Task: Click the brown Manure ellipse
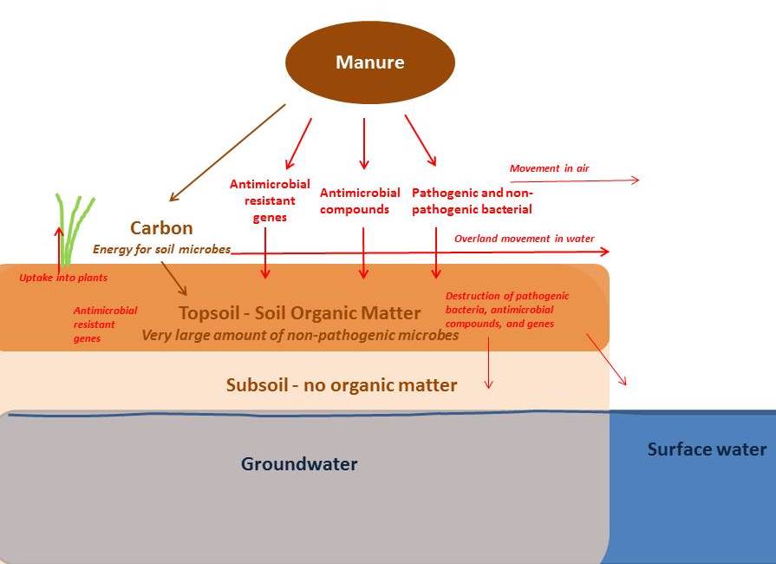[369, 62]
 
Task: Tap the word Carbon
[161, 228]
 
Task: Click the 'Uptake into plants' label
[63, 278]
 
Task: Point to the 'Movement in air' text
[549, 168]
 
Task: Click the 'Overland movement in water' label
[523, 238]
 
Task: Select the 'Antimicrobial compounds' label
[360, 200]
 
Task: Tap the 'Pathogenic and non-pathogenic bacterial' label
[473, 200]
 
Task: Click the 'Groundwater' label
[299, 464]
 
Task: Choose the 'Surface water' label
[707, 449]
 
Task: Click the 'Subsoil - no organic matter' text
[341, 384]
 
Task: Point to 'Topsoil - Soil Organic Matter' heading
[299, 313]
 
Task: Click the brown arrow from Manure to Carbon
[227, 153]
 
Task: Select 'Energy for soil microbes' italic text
[162, 249]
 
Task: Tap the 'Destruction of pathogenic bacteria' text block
[507, 310]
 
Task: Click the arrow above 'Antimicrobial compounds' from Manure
[364, 143]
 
